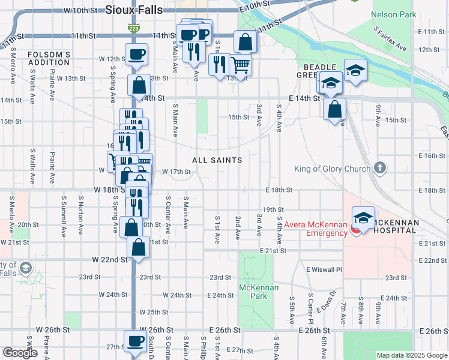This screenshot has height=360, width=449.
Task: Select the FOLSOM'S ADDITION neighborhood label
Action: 49,59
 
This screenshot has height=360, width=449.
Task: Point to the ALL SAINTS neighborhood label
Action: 217,160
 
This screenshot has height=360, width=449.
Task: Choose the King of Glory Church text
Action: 332,169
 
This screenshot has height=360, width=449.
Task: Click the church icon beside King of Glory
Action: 379,168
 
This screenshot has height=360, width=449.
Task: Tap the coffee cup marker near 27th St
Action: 135,341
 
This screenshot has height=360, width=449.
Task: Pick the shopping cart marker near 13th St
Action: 240,64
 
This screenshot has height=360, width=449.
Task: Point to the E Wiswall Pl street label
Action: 324,270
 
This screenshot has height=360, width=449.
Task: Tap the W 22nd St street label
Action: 110,260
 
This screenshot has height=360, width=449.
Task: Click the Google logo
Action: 20,353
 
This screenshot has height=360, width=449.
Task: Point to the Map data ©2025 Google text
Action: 411,355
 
